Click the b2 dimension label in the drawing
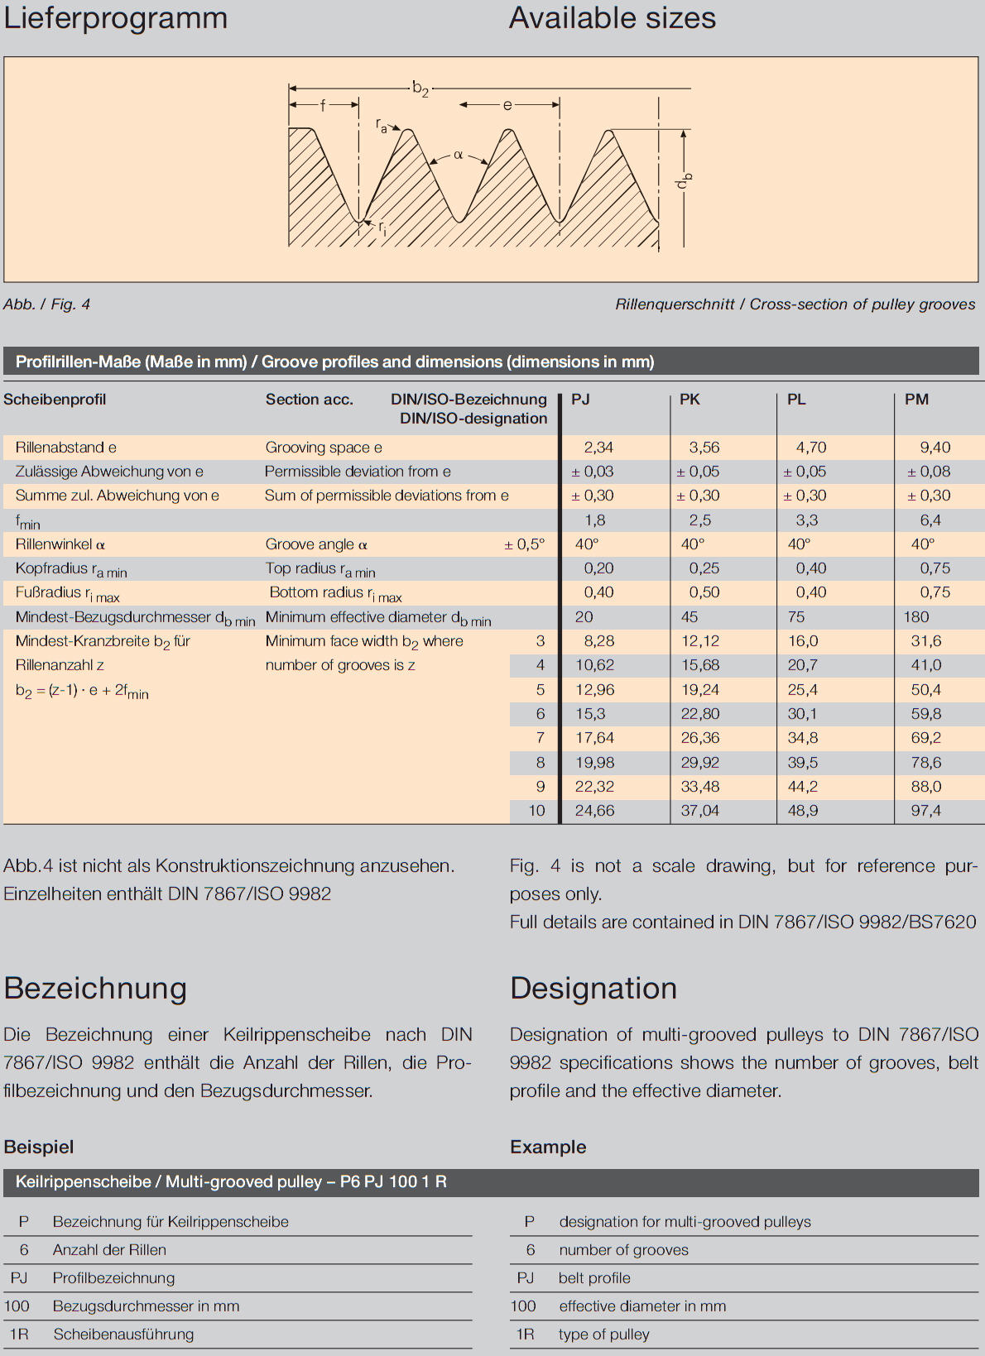(420, 88)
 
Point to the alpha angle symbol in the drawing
(458, 155)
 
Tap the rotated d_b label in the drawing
(683, 181)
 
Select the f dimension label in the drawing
(323, 105)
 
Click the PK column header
(689, 400)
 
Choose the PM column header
(916, 400)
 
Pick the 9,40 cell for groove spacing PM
(935, 448)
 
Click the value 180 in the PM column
(916, 617)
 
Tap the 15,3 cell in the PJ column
(590, 714)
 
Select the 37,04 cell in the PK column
(699, 811)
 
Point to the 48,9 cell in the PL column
(803, 811)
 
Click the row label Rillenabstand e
(66, 448)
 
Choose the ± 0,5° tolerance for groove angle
(525, 544)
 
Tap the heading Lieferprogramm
(116, 18)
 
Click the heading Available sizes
(613, 18)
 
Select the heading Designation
(593, 989)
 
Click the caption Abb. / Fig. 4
(46, 304)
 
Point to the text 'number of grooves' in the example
(623, 1250)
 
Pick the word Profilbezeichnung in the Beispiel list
(113, 1278)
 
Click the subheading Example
(548, 1148)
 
